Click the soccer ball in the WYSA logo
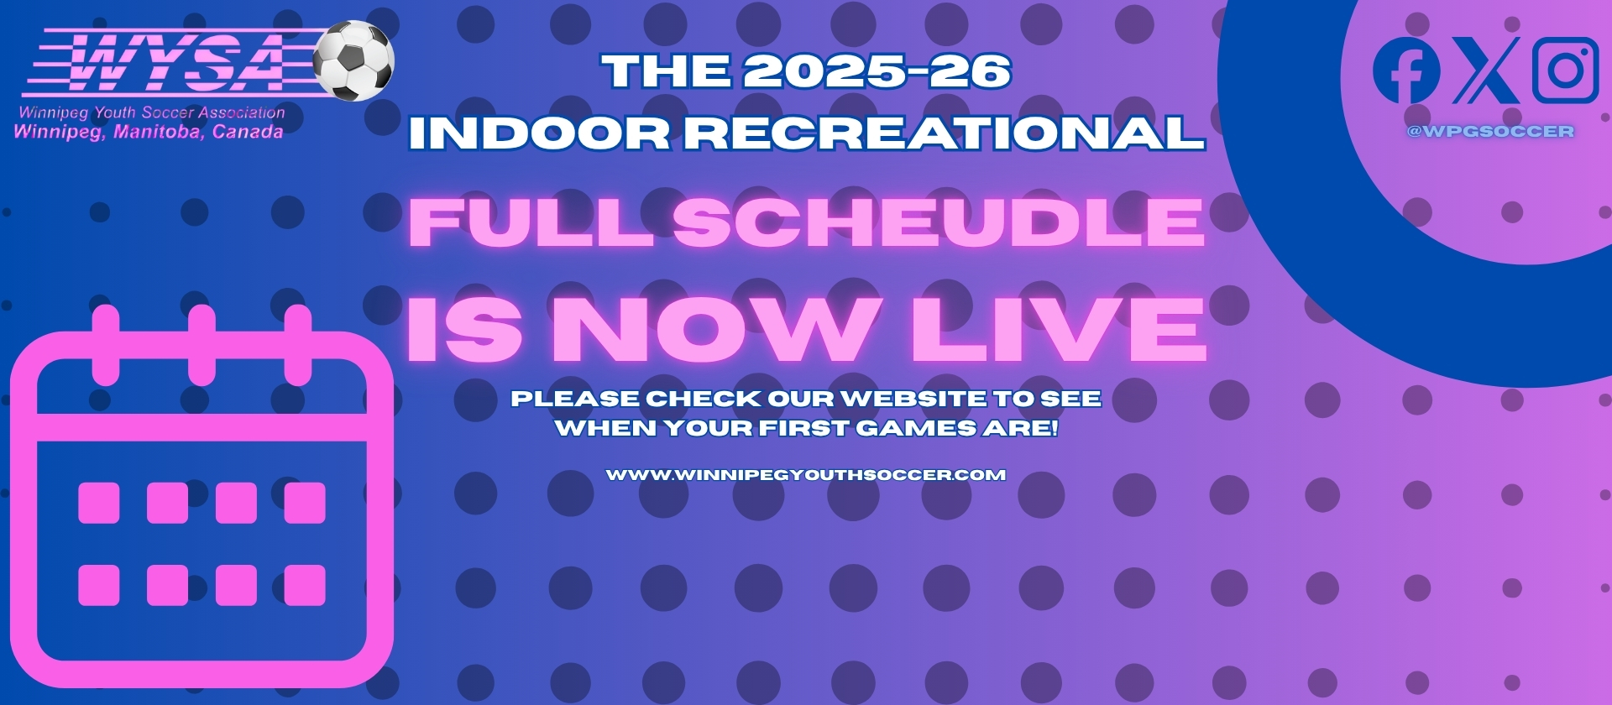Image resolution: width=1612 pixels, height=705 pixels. pos(353,60)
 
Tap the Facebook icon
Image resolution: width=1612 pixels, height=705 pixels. pos(1406,70)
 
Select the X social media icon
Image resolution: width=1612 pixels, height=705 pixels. pos(1486,70)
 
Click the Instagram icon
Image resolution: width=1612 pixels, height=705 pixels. pos(1565,70)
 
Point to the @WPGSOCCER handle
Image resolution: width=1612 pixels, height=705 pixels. pos(1490,131)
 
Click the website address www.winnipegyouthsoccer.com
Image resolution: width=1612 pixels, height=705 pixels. pos(806,475)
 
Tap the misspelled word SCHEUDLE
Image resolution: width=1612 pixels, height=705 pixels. pos(939,222)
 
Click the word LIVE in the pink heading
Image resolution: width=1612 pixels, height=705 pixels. pos(1060,329)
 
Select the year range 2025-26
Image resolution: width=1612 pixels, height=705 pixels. pos(877,72)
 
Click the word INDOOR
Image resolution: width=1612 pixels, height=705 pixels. pos(539,133)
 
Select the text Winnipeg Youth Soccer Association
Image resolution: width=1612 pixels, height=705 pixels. pos(152,112)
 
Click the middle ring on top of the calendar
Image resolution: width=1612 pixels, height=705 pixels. pos(201,344)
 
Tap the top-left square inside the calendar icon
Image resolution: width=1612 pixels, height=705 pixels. pos(99,503)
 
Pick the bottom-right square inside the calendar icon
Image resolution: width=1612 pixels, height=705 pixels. pos(305,585)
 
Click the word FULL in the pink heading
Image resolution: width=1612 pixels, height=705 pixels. pos(531,222)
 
